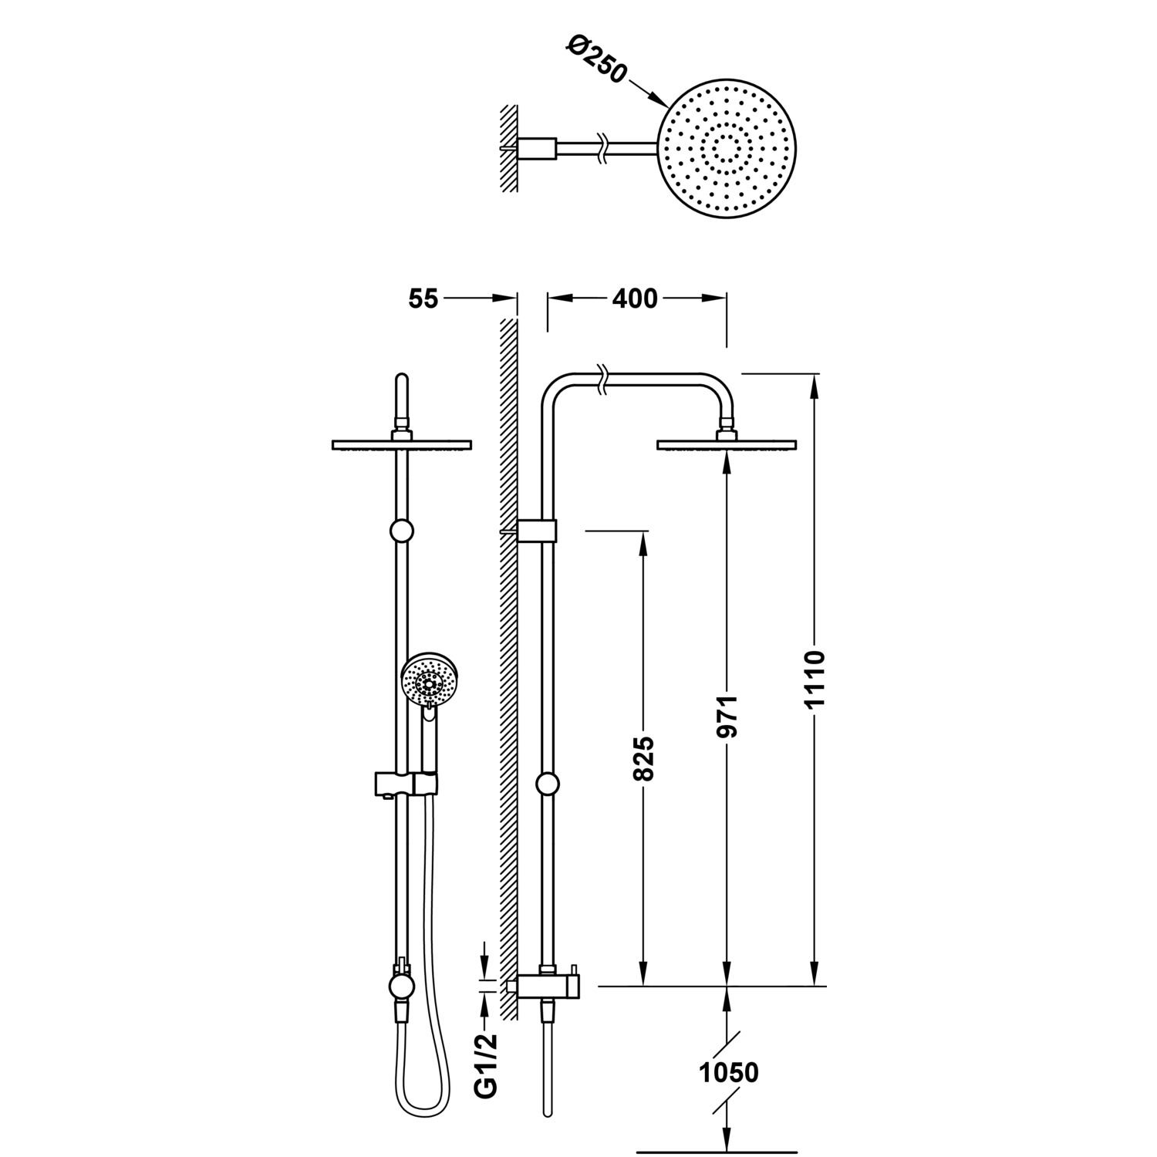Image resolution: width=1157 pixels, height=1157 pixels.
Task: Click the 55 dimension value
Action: click(x=423, y=299)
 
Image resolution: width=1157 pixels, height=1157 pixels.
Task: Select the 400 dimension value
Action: click(x=635, y=299)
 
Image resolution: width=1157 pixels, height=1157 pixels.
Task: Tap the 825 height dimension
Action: click(x=643, y=758)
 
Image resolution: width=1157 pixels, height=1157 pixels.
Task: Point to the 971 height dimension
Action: click(x=727, y=717)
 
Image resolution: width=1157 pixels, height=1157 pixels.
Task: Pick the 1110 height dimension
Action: click(x=815, y=679)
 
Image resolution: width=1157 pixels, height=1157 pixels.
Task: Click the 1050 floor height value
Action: click(x=728, y=1072)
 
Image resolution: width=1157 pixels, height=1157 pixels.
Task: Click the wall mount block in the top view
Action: click(x=537, y=147)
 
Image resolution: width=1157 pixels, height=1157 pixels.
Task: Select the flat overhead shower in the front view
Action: click(x=401, y=444)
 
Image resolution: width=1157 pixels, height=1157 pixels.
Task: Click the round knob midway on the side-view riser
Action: click(x=547, y=784)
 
